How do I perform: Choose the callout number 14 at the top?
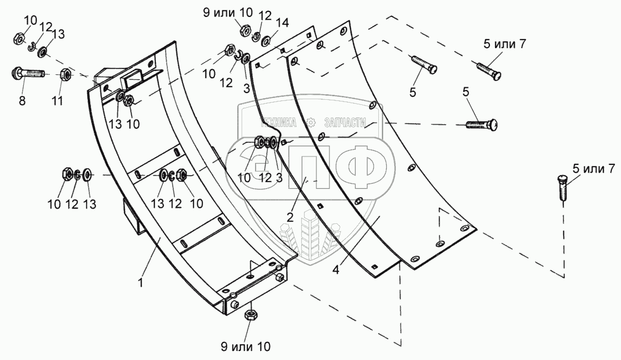[281, 22]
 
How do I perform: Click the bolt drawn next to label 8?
[28, 74]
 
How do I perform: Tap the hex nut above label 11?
[65, 74]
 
